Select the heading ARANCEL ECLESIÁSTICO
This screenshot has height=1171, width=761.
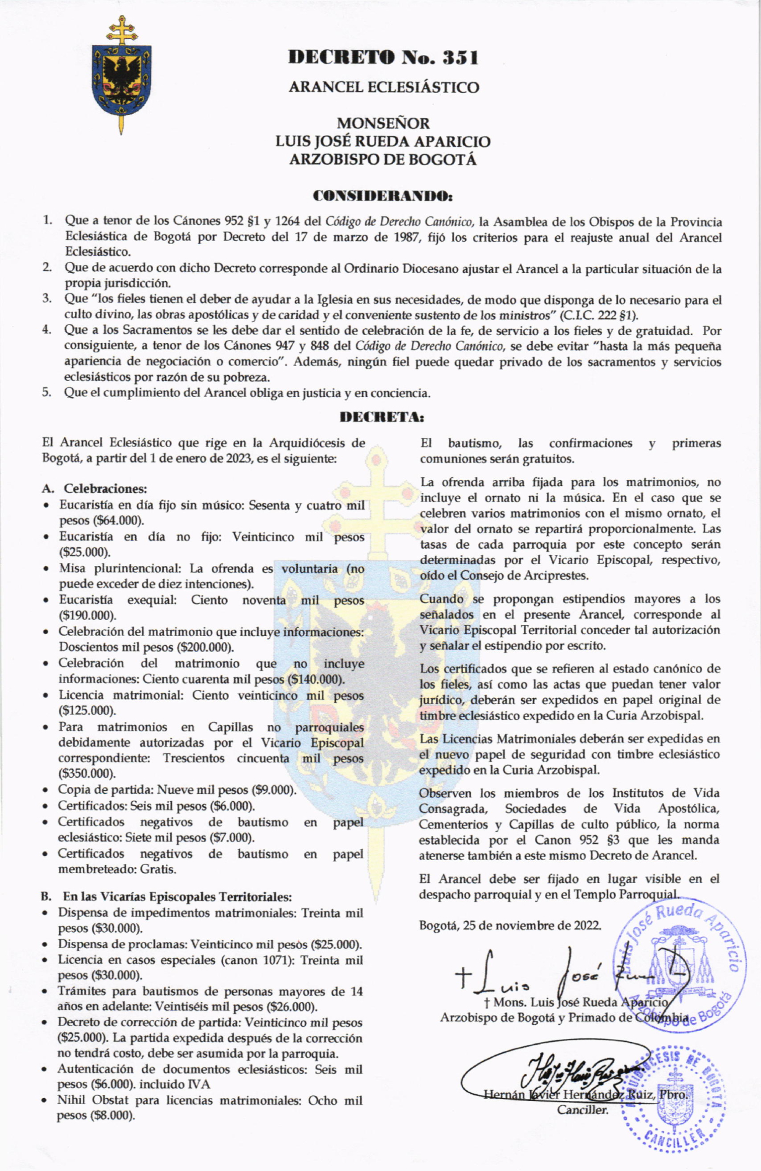(384, 87)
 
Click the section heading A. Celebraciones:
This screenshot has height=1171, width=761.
(94, 489)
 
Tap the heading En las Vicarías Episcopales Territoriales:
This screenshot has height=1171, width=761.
(177, 897)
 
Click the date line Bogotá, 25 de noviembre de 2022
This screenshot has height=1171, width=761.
(510, 926)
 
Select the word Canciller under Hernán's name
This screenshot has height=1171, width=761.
(582, 1110)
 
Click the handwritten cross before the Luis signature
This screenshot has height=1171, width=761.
(463, 977)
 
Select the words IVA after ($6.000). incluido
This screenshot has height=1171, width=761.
(199, 1084)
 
